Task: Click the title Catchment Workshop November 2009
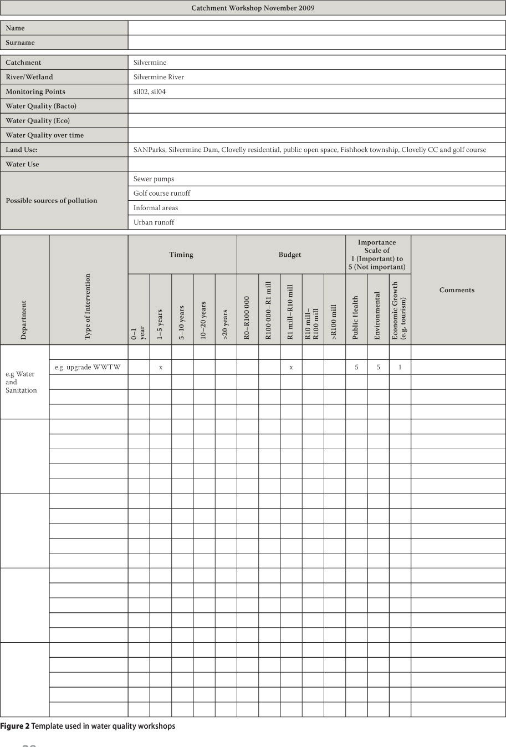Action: pos(253,8)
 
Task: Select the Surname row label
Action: pos(21,43)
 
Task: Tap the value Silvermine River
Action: pos(159,77)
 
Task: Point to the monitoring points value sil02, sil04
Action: pos(149,92)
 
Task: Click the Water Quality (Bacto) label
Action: pos(41,106)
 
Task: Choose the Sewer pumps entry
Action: pos(154,179)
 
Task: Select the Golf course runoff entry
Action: pos(161,193)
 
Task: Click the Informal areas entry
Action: pos(155,208)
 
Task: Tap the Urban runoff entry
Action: pos(154,222)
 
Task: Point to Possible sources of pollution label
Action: pos(52,201)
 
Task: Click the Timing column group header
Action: pos(181,255)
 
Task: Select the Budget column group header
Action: pos(290,255)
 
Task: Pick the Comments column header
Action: pos(457,290)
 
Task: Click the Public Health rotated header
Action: pos(356,317)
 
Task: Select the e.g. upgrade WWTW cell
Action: pos(88,367)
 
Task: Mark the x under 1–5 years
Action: pos(161,367)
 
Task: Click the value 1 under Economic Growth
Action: pos(400,367)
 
